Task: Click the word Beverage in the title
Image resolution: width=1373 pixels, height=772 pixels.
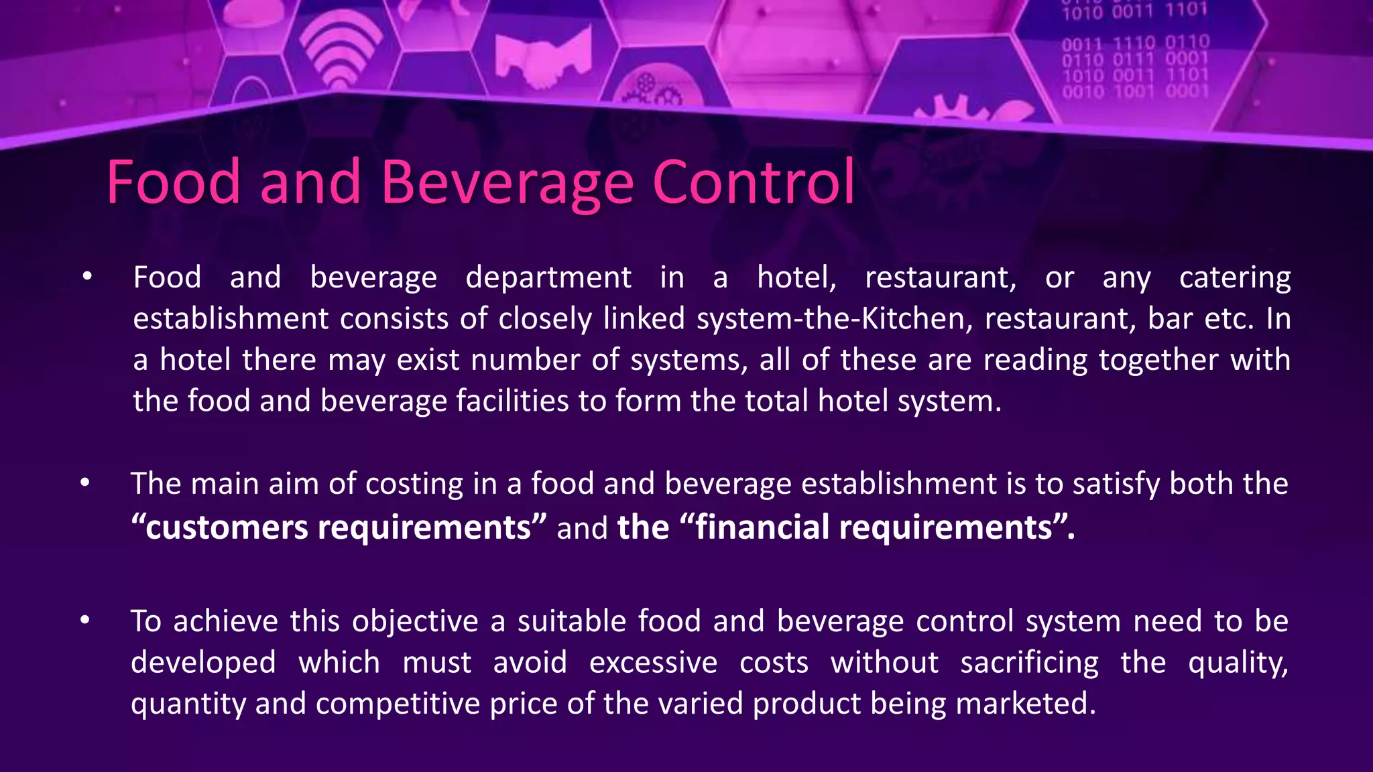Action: point(508,182)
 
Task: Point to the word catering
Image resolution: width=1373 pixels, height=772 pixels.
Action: point(1235,278)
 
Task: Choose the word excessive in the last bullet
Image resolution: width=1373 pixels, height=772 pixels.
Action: point(653,663)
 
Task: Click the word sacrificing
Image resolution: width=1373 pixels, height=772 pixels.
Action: point(1029,663)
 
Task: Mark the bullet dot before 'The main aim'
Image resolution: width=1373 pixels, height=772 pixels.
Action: point(84,482)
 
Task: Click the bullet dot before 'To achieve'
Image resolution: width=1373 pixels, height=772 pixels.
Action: point(84,621)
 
